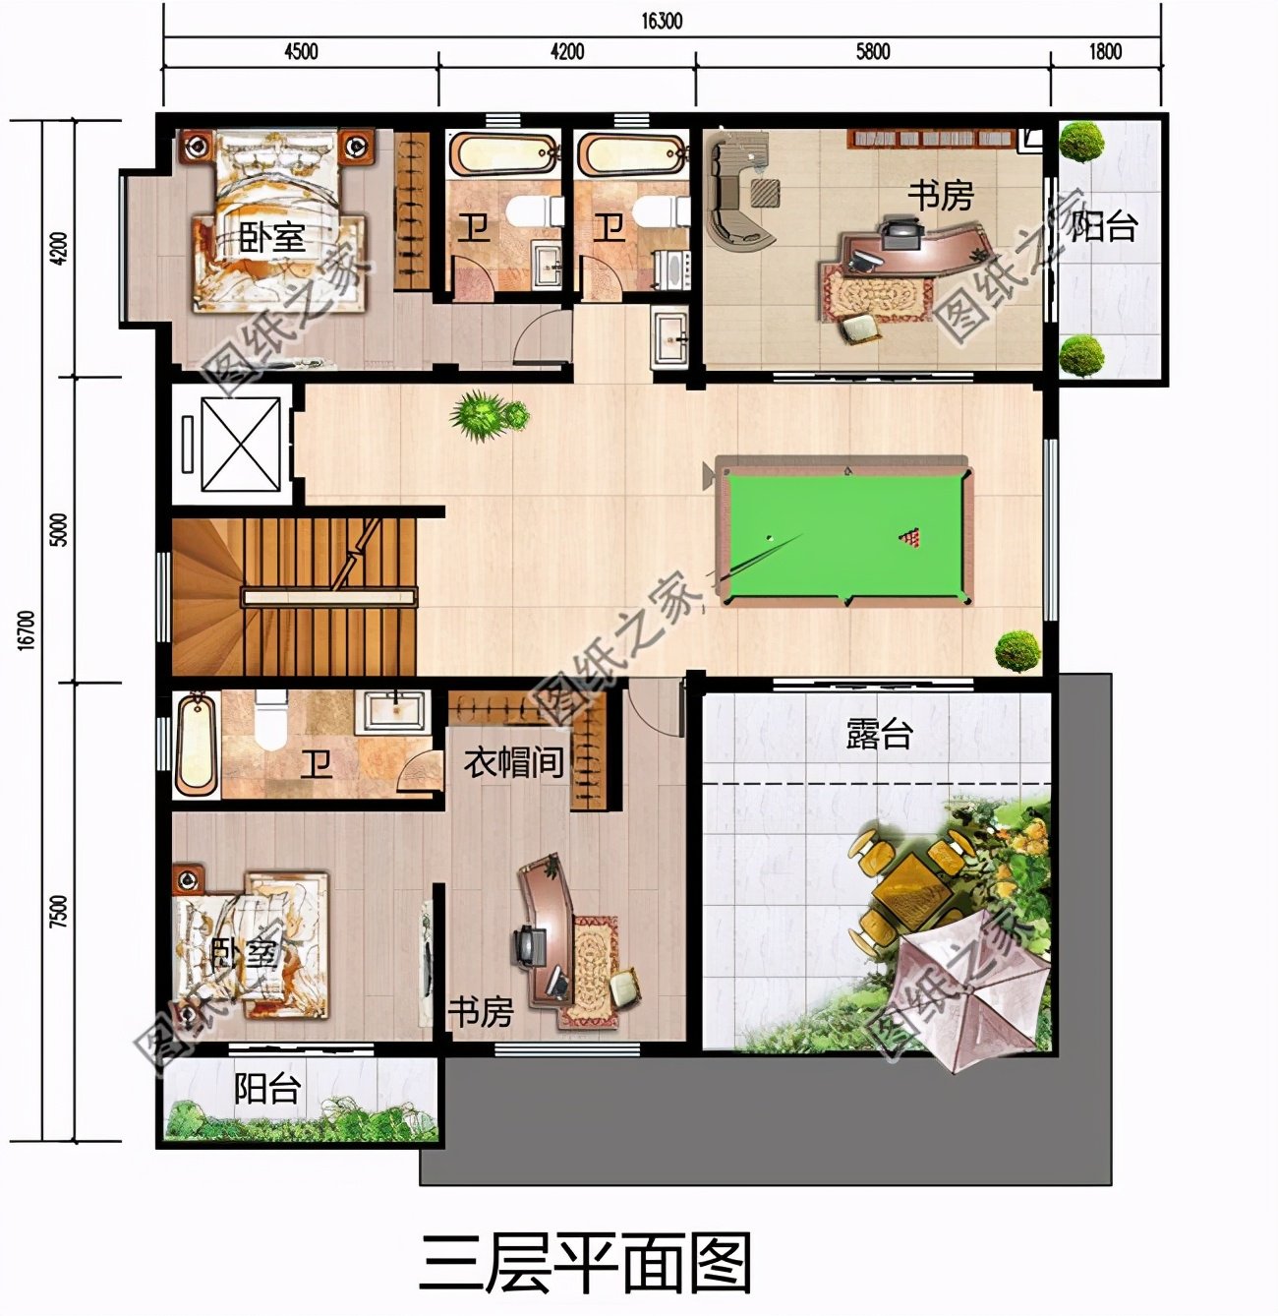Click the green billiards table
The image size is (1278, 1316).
pyautogui.click(x=843, y=535)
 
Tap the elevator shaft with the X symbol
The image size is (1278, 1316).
pyautogui.click(x=241, y=445)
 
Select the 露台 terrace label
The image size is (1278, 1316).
pyautogui.click(x=879, y=734)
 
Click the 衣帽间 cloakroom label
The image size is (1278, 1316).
pyautogui.click(x=513, y=762)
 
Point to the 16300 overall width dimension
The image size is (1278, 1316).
pyautogui.click(x=662, y=21)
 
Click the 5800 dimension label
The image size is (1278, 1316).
pyautogui.click(x=872, y=51)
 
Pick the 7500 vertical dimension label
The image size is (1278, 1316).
pyautogui.click(x=59, y=912)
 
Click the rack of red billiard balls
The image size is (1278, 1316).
pyautogui.click(x=910, y=537)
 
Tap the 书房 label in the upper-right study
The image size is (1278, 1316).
pyautogui.click(x=940, y=196)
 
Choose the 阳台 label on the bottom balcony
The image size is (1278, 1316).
pyautogui.click(x=266, y=1089)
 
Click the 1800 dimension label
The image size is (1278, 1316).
pyautogui.click(x=1105, y=51)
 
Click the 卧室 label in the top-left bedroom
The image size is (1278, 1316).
pyautogui.click(x=271, y=237)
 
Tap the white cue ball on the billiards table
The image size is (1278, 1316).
pyautogui.click(x=771, y=538)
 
